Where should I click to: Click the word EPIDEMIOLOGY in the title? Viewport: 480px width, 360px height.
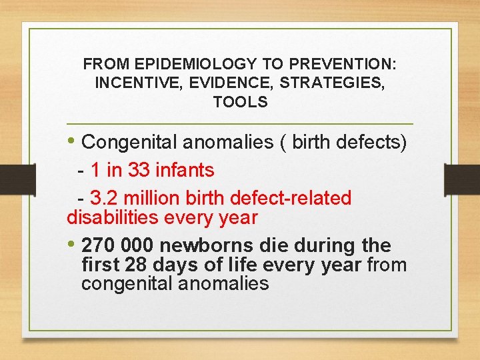[x=195, y=65]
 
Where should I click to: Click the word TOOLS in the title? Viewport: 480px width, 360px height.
[x=240, y=102]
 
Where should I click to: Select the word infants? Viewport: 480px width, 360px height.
[x=185, y=171]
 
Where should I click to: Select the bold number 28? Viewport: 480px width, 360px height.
[x=137, y=265]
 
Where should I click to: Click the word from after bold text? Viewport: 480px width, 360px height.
[x=387, y=265]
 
